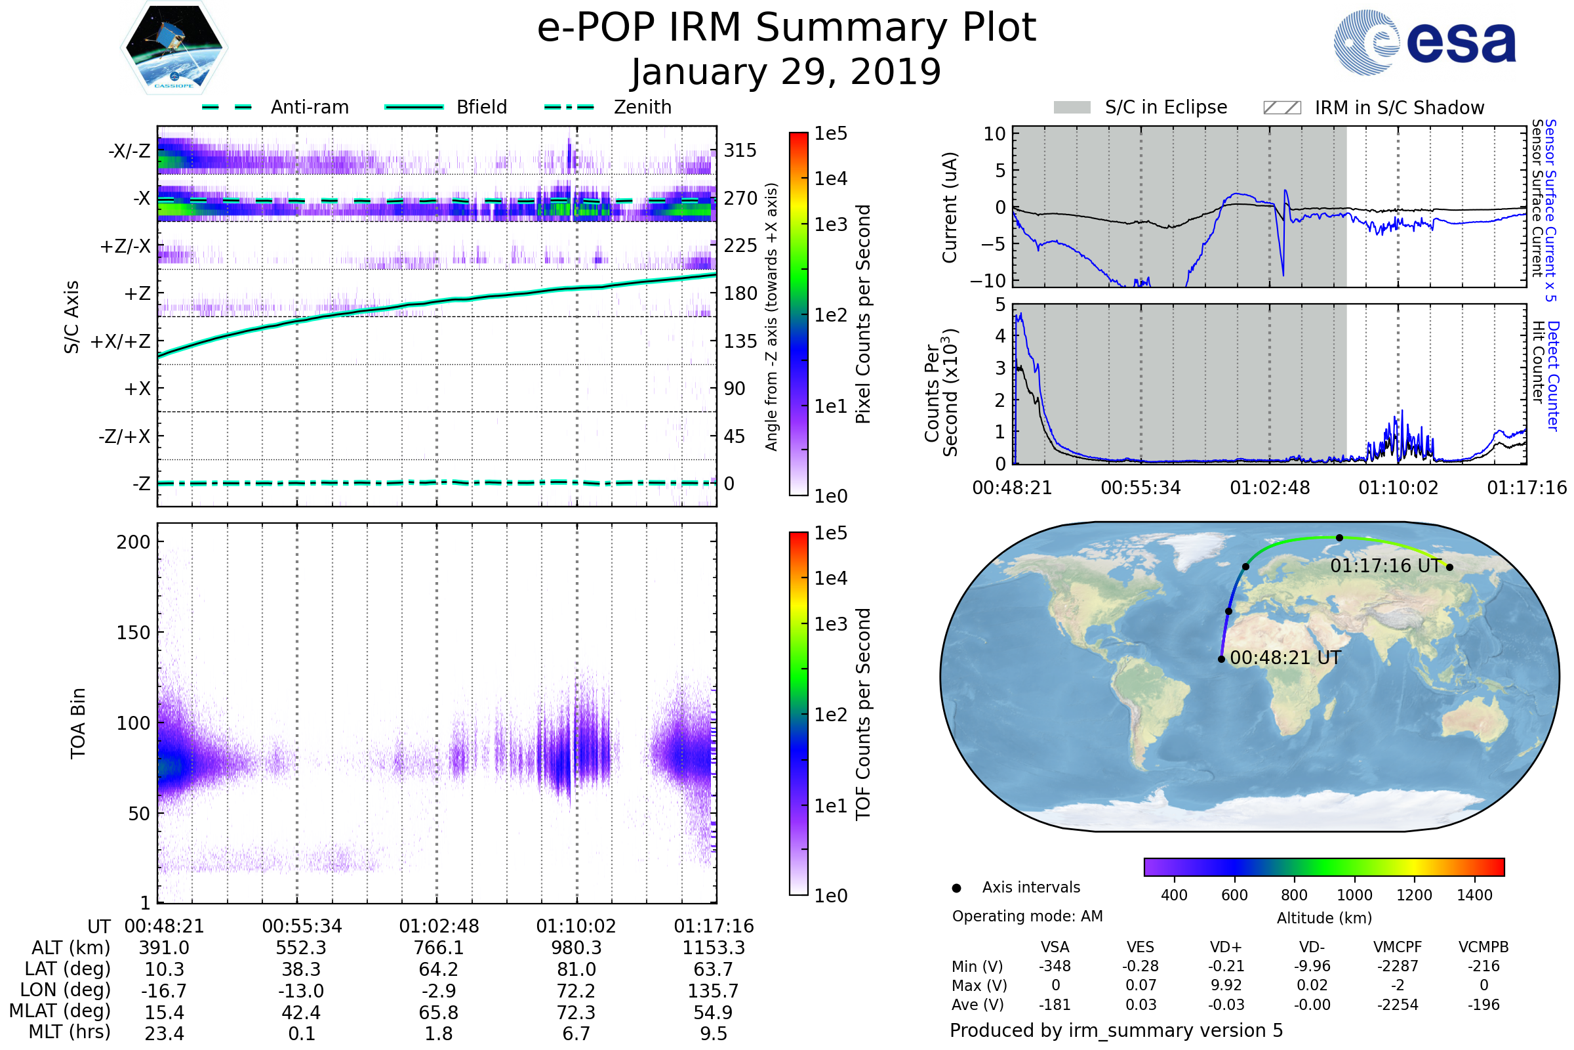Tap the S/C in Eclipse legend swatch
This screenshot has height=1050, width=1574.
[1072, 108]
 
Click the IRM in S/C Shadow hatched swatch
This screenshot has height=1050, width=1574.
[1281, 108]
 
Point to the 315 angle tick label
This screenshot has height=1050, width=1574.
[740, 150]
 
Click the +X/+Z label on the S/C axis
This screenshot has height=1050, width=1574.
[121, 341]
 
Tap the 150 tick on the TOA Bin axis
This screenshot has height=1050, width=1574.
[133, 633]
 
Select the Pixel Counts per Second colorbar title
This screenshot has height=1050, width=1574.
[863, 314]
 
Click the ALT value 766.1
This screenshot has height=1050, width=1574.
[438, 948]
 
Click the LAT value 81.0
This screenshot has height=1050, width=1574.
[576, 970]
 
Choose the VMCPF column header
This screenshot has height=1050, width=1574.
[1398, 948]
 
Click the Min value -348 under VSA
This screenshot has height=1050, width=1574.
[1055, 966]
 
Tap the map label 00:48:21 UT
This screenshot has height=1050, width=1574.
[1285, 658]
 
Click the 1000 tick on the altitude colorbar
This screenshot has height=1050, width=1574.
[1354, 895]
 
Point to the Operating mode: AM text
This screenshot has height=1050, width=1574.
[1027, 916]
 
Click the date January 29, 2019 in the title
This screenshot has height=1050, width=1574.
[786, 72]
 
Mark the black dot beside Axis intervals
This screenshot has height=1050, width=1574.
[956, 888]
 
